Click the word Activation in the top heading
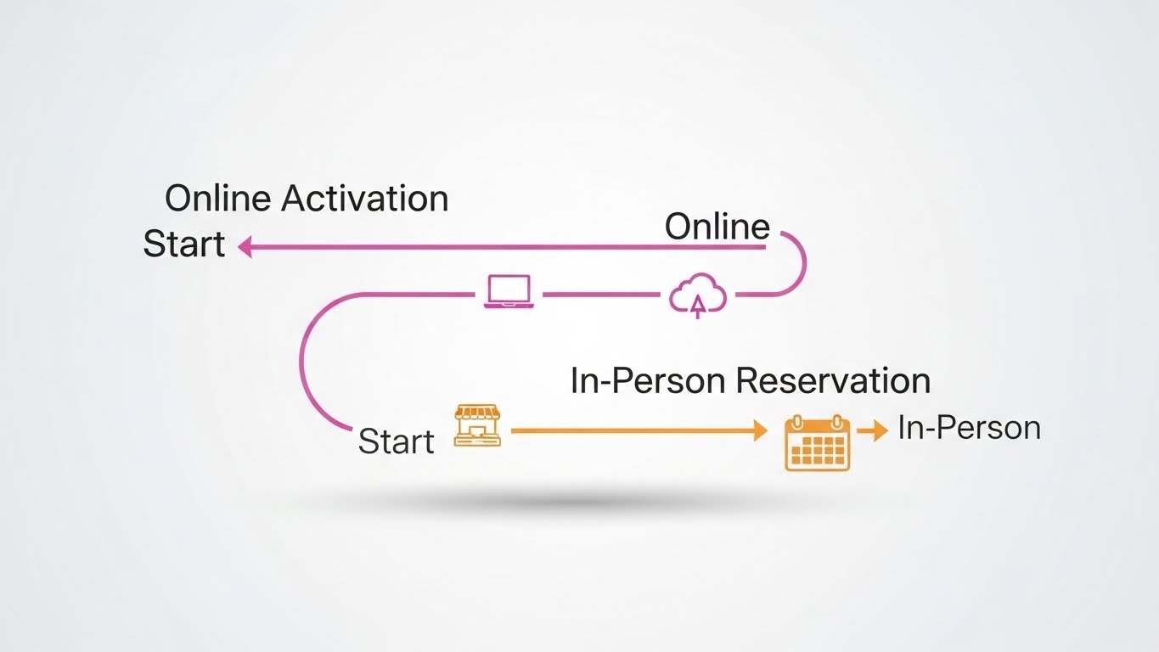364,199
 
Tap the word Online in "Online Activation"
218,199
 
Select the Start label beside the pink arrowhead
184,244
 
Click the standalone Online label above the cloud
717,227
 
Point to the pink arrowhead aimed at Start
245,247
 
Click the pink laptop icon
509,291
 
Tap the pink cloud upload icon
698,295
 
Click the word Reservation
833,380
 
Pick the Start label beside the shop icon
396,441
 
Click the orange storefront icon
477,425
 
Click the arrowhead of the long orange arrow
761,431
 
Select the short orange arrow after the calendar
872,431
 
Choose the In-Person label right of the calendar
969,428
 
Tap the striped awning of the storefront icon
477,413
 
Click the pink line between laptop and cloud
600,295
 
